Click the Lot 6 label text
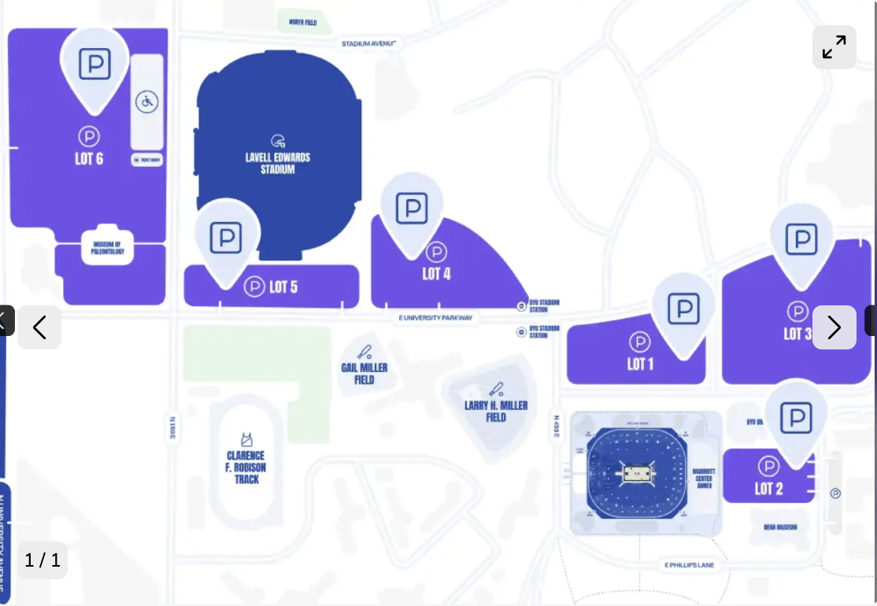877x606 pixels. click(89, 159)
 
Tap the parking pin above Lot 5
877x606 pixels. click(226, 237)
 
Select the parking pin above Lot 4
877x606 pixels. click(412, 209)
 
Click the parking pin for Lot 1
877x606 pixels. click(683, 309)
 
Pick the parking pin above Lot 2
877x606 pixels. click(796, 417)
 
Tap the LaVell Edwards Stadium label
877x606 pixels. click(278, 163)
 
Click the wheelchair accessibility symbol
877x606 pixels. click(147, 102)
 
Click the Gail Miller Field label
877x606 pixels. click(364, 373)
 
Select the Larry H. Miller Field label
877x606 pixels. click(496, 411)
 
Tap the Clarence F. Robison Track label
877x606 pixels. click(246, 467)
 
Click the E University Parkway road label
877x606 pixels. click(436, 318)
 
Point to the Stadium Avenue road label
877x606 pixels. click(368, 43)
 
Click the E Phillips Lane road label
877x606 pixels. click(689, 565)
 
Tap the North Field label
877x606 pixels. click(302, 22)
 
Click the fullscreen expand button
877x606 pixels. click(834, 47)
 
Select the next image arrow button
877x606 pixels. click(834, 327)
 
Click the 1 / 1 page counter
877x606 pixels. click(43, 560)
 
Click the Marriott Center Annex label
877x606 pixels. click(704, 479)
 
